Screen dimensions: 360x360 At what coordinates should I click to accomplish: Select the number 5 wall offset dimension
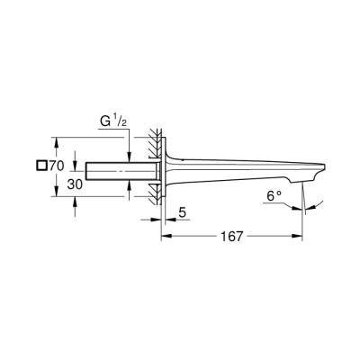pos(182,214)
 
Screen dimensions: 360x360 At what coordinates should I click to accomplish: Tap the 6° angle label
pos(272,195)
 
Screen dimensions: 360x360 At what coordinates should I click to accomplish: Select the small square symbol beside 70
pos(40,166)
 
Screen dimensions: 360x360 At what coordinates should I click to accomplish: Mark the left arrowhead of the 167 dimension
pos(165,239)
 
